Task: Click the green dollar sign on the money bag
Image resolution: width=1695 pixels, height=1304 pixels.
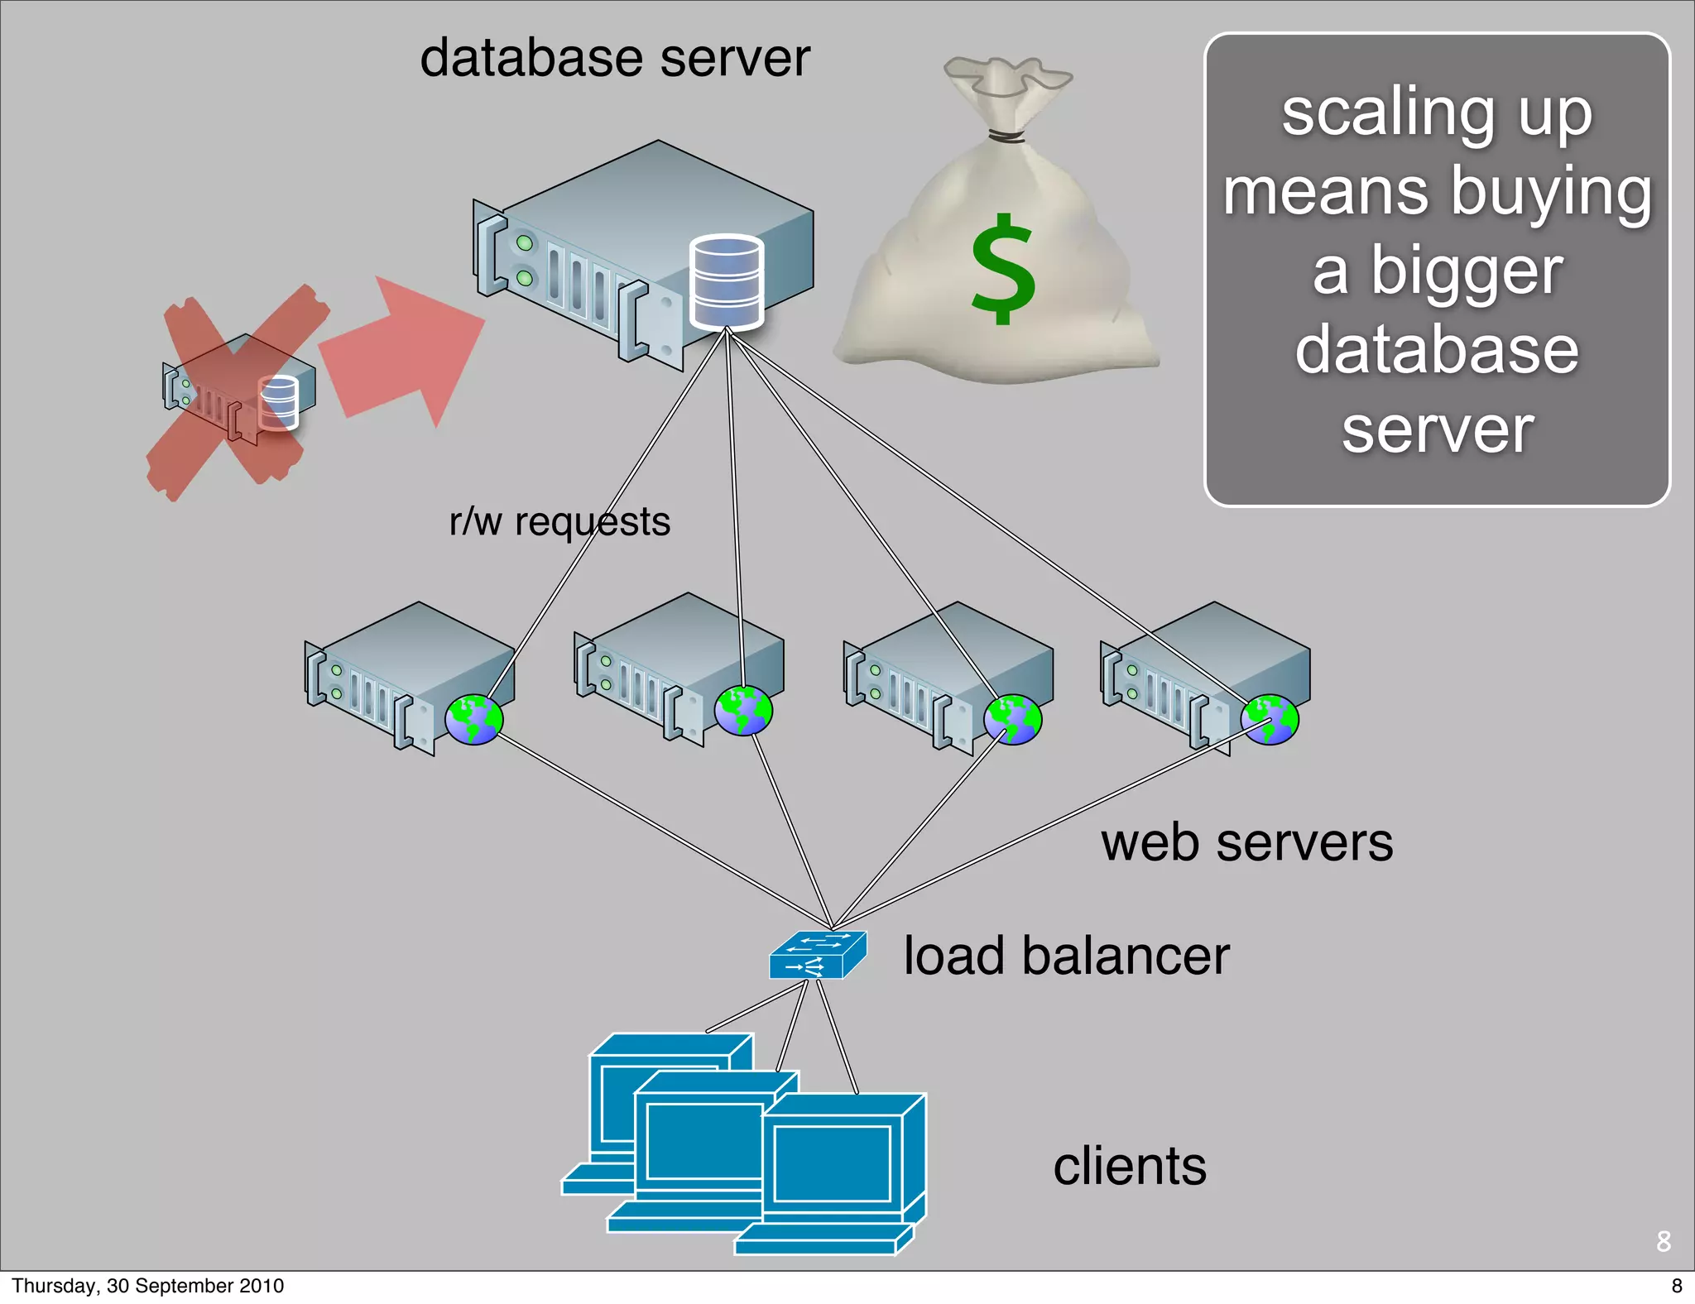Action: coord(1002,269)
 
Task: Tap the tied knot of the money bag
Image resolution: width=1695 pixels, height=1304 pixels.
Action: coord(1005,136)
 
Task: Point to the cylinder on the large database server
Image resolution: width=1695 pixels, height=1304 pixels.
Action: coord(726,282)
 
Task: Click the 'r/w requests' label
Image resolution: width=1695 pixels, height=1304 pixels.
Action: coord(559,522)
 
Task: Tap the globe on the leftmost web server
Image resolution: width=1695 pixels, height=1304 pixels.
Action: coord(473,720)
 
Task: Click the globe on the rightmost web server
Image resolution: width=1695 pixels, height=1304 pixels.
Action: coord(1270,720)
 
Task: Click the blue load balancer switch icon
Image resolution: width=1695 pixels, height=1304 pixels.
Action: coord(817,955)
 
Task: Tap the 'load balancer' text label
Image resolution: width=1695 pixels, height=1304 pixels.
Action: coord(1066,956)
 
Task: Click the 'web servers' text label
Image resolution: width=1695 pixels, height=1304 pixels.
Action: coord(1246,843)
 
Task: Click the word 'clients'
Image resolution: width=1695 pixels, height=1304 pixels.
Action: coord(1129,1166)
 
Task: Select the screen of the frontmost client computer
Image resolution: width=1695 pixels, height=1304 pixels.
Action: coord(832,1163)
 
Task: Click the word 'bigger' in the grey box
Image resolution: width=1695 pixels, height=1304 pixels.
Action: coord(1467,271)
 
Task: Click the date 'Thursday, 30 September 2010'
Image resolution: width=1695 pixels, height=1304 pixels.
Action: coord(147,1286)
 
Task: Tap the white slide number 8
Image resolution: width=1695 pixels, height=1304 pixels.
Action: coord(1663,1241)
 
